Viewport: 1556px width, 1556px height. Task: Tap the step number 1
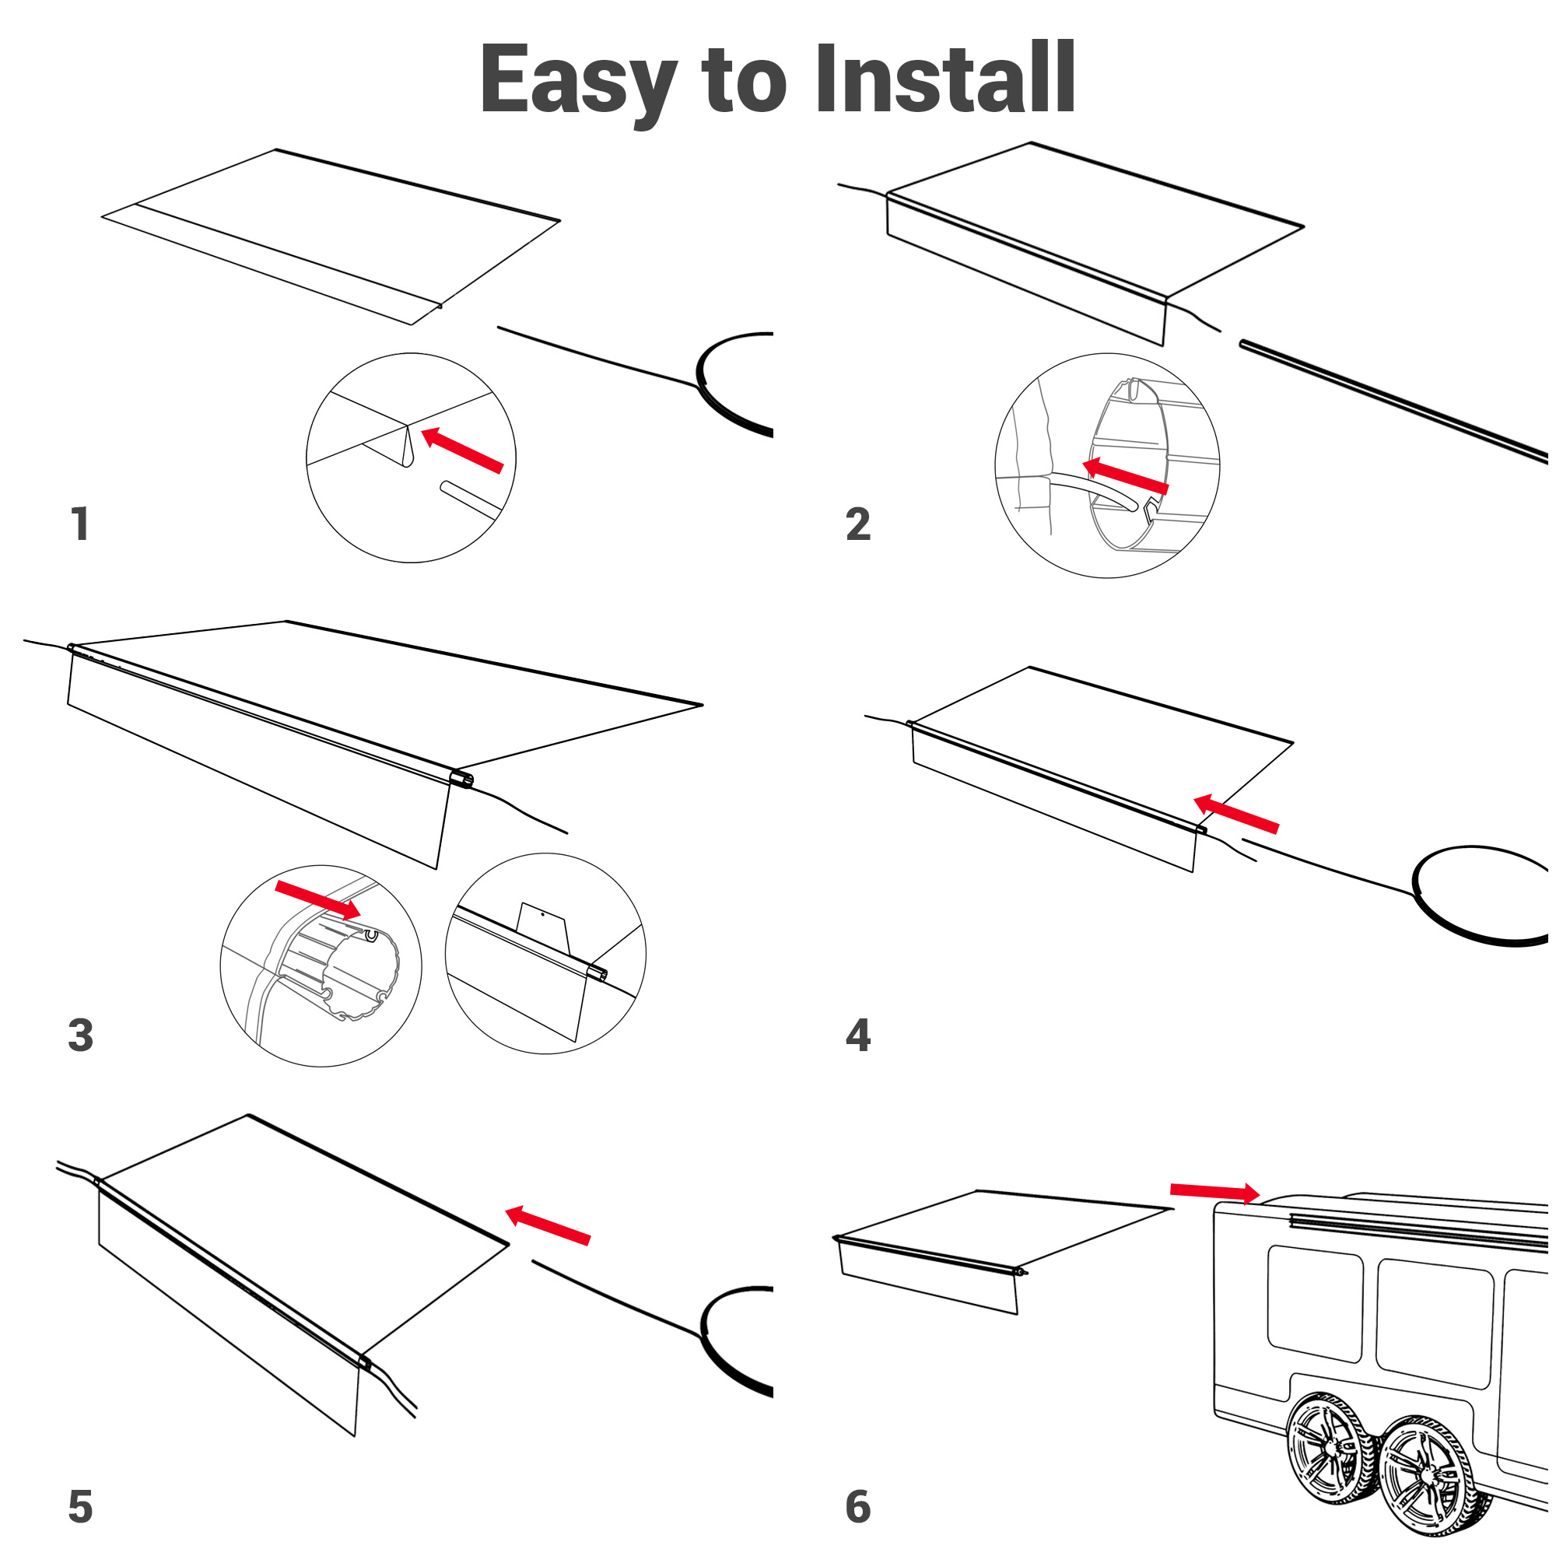[x=79, y=524]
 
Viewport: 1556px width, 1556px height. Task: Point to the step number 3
[x=81, y=1035]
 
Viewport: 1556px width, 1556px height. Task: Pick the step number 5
[x=81, y=1506]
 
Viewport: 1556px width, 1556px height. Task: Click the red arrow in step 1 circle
[x=462, y=450]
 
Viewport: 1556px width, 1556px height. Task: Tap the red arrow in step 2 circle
[x=1125, y=476]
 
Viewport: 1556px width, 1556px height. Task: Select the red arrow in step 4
[x=1235, y=814]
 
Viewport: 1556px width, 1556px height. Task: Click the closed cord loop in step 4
[x=1478, y=895]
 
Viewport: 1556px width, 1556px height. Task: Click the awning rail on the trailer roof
[x=1418, y=1232]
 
